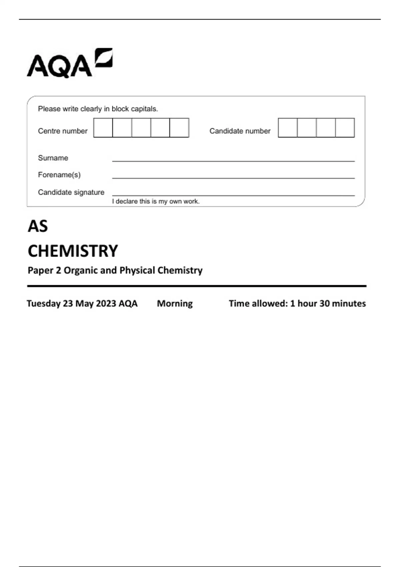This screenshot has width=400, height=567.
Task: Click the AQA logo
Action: pyautogui.click(x=69, y=63)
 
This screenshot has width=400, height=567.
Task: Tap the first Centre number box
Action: pyautogui.click(x=103, y=128)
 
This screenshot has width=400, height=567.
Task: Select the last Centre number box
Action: pyautogui.click(x=179, y=128)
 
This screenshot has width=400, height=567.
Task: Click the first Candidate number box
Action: pyautogui.click(x=288, y=128)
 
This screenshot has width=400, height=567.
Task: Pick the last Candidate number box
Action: pyautogui.click(x=345, y=128)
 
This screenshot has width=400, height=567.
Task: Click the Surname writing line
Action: pyautogui.click(x=233, y=159)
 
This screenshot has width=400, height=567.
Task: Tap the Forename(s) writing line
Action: pyautogui.click(x=233, y=176)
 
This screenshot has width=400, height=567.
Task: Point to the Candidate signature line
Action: pyautogui.click(x=233, y=194)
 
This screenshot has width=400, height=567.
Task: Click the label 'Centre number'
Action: pyautogui.click(x=63, y=131)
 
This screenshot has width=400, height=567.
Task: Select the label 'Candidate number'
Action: pyautogui.click(x=240, y=131)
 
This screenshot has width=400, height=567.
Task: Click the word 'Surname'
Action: pyautogui.click(x=53, y=158)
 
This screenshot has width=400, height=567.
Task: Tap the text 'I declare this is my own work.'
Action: pyautogui.click(x=156, y=201)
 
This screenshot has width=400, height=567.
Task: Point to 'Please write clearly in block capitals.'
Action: pyautogui.click(x=98, y=109)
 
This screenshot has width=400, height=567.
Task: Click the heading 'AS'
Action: pyautogui.click(x=38, y=226)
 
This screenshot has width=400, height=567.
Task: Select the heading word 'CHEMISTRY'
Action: pyautogui.click(x=73, y=251)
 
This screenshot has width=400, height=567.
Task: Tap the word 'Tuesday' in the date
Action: pyautogui.click(x=43, y=304)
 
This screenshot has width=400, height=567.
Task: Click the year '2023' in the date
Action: pyautogui.click(x=106, y=304)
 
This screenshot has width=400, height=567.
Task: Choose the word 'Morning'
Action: pyautogui.click(x=175, y=304)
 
